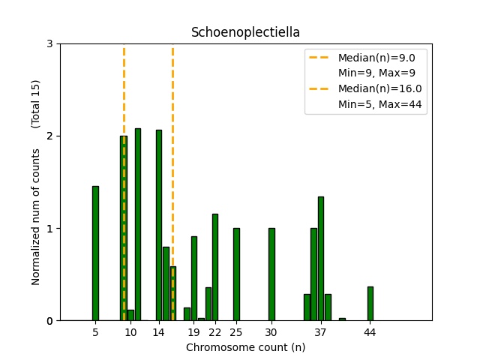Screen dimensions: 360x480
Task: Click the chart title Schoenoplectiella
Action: tap(245, 32)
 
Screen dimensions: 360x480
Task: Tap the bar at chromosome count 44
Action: tap(370, 304)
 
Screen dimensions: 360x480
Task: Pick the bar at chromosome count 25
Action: tap(236, 274)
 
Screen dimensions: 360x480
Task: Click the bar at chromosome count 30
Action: tap(271, 274)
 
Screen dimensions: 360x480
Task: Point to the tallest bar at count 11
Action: tap(138, 225)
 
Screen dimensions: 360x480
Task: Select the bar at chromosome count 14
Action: tap(159, 225)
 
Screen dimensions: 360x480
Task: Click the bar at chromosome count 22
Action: tap(215, 267)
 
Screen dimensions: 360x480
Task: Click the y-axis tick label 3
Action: tap(49, 44)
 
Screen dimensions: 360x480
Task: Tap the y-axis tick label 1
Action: tap(49, 229)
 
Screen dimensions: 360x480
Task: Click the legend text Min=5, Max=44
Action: tap(382, 104)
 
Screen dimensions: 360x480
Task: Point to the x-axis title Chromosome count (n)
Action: tap(245, 347)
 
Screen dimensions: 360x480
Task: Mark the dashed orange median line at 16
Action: tap(172, 150)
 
